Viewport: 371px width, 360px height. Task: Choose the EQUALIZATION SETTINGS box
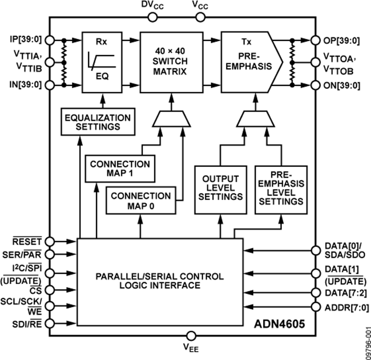pos(98,122)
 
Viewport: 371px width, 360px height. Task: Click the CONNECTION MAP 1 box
pos(120,169)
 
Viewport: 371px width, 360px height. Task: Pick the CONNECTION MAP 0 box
pos(141,201)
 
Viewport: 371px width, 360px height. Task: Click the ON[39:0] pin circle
pos(316,86)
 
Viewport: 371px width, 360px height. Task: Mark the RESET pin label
pos(27,241)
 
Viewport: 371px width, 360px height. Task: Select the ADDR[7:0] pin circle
pos(316,307)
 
